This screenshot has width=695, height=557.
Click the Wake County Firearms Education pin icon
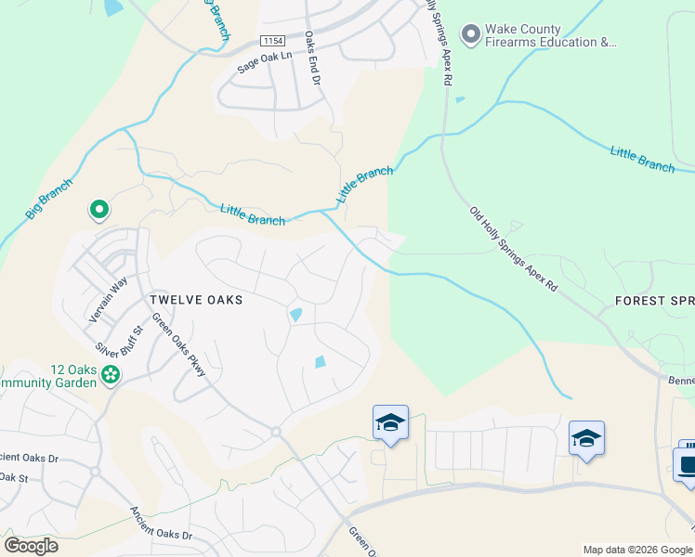click(x=471, y=34)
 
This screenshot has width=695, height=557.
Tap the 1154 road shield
click(x=272, y=41)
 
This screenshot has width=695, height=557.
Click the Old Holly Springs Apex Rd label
click(x=513, y=250)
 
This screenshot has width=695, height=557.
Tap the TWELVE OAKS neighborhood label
click(x=196, y=300)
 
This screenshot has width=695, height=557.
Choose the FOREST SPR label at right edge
click(x=654, y=301)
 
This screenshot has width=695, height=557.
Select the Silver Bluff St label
click(x=127, y=339)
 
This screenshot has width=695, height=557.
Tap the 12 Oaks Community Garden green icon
click(x=111, y=375)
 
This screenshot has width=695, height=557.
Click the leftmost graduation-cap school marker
click(x=390, y=423)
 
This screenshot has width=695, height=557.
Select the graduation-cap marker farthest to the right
click(x=586, y=437)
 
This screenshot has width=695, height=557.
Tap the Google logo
click(x=31, y=546)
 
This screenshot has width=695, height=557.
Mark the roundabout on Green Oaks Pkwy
click(x=276, y=432)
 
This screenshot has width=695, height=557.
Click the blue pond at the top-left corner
click(x=112, y=7)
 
